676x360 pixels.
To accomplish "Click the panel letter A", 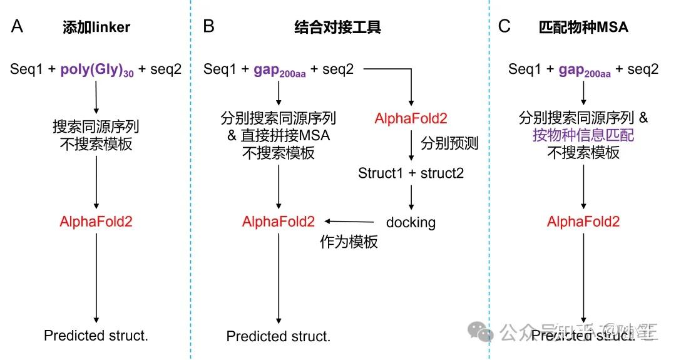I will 18,27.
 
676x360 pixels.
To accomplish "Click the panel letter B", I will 209,27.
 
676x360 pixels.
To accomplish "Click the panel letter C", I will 504,27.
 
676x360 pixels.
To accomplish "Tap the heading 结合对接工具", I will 337,28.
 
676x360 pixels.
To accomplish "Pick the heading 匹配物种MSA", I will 583,28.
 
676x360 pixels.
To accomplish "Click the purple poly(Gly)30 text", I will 97,69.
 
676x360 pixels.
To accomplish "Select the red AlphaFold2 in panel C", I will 583,221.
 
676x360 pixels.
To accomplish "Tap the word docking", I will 411,222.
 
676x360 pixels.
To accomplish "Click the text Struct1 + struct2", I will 411,173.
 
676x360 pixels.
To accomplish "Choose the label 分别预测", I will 449,143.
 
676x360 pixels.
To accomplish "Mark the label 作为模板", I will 349,242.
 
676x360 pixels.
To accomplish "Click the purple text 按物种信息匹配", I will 583,135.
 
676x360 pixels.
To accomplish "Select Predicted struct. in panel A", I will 96,336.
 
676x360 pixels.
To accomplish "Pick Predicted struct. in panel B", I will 278,336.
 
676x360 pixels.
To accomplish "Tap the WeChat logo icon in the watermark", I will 483,331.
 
